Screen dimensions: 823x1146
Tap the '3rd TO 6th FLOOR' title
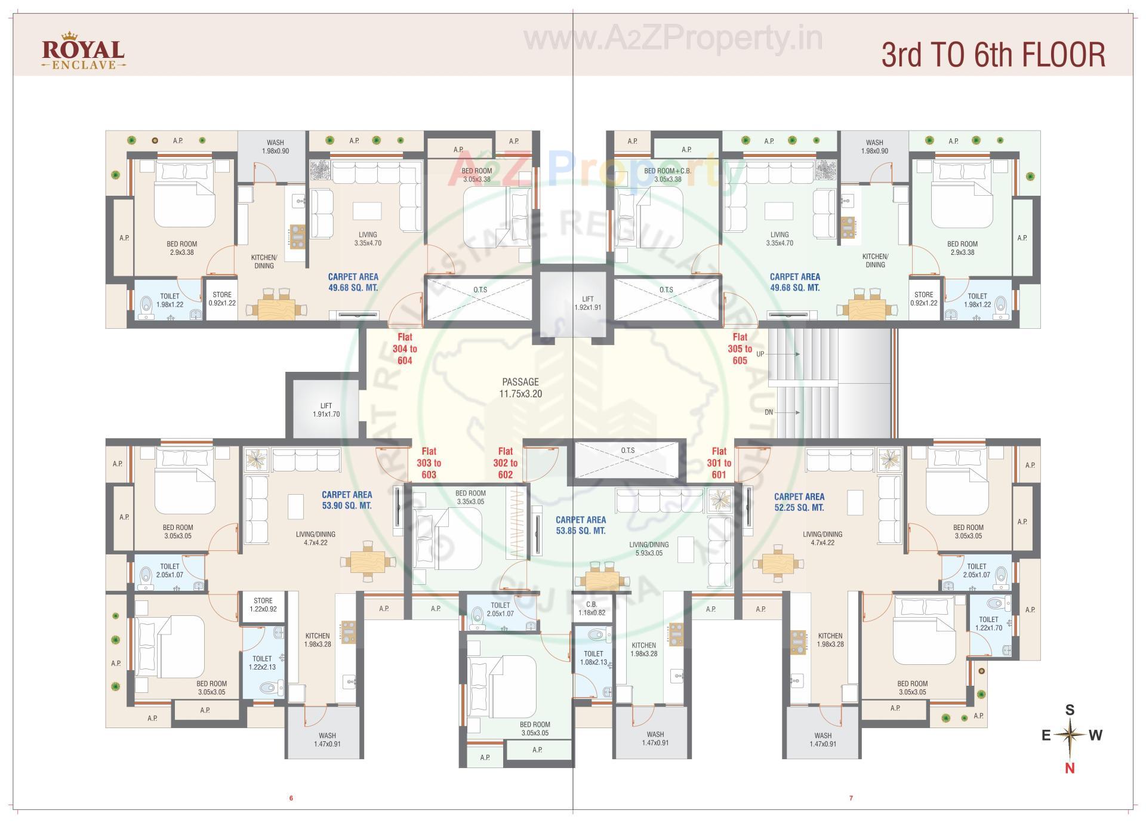[993, 55]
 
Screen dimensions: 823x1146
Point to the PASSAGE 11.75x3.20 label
[520, 387]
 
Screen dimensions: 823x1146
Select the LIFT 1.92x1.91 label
[587, 303]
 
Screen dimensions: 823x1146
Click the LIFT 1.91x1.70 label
[326, 410]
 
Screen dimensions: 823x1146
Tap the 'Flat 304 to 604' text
[405, 349]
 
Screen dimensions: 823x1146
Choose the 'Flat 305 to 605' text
[740, 349]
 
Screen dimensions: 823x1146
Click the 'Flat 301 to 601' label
[719, 463]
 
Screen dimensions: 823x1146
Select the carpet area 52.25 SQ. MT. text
[799, 502]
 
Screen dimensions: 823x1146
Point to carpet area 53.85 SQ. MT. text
[580, 525]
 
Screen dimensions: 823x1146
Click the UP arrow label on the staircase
[760, 354]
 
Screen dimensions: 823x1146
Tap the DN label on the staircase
[769, 412]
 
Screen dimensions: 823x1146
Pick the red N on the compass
[1070, 769]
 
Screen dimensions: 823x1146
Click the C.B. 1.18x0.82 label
[592, 608]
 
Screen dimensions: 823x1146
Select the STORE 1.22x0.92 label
[263, 605]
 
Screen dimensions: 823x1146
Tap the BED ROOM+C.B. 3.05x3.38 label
[667, 175]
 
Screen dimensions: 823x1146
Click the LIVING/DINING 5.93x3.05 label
[649, 548]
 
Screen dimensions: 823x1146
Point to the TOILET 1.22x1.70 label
[988, 624]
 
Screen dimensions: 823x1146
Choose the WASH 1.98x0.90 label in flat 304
[275, 147]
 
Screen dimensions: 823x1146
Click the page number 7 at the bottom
[851, 798]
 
